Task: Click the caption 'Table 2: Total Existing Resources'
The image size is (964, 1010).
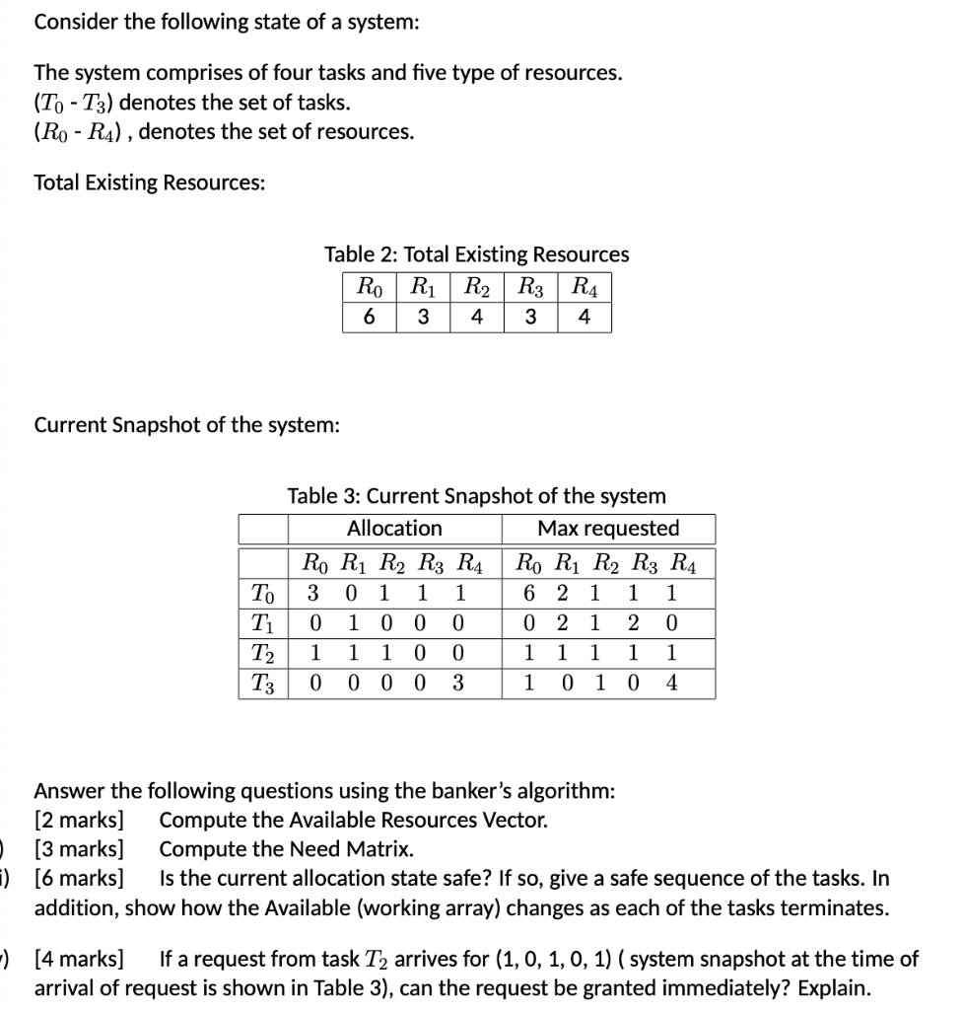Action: coord(477,254)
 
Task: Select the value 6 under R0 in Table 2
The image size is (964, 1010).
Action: coord(369,318)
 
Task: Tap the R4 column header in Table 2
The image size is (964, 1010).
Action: coord(584,289)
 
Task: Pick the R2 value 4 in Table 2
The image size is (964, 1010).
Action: coord(476,318)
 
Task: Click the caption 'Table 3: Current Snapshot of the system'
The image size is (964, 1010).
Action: coord(476,495)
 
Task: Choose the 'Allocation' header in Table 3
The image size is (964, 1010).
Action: coord(394,529)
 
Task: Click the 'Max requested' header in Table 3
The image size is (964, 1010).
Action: coord(608,529)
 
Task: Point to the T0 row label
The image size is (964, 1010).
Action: coord(262,594)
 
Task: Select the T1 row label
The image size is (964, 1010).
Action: coord(262,623)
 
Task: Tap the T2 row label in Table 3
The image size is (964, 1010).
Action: coord(262,653)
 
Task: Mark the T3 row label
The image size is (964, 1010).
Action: coord(262,683)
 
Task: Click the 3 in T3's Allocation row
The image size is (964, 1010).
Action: coord(457,683)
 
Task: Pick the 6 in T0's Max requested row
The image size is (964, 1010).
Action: coord(530,594)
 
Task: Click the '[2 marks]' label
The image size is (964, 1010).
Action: coord(80,820)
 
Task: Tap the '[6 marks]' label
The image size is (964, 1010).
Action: coord(80,879)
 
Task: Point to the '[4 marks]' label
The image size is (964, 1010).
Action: coord(80,959)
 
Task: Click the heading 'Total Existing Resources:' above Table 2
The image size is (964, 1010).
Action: coord(149,182)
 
